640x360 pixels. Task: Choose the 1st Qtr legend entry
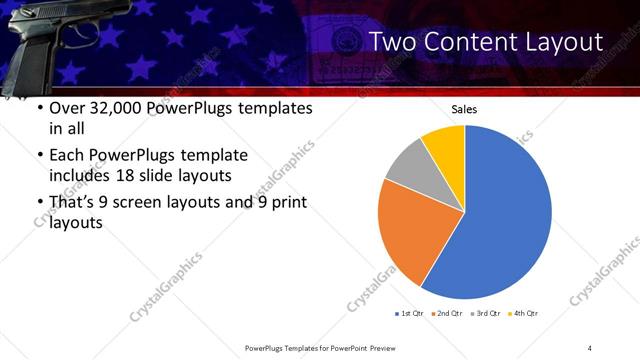coord(410,314)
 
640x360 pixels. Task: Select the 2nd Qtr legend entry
coord(447,314)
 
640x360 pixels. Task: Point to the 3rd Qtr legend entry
coord(485,314)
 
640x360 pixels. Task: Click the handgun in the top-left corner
coord(40,40)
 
